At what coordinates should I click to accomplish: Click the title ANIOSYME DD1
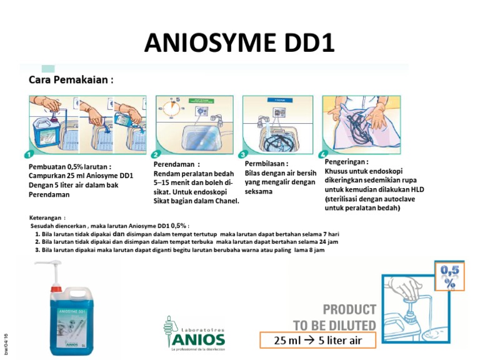(x=239, y=42)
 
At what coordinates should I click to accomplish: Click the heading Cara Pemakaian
(x=71, y=80)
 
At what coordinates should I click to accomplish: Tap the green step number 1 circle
(x=28, y=154)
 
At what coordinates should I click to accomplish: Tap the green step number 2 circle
(x=156, y=154)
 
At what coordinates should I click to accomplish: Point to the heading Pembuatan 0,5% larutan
(x=70, y=167)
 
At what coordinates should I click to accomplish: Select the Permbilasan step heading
(x=266, y=164)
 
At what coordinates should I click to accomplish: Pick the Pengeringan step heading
(x=346, y=161)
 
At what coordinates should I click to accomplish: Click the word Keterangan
(x=47, y=217)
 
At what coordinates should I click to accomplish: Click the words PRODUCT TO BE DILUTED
(x=335, y=317)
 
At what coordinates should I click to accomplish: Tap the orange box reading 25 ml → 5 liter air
(x=317, y=340)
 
